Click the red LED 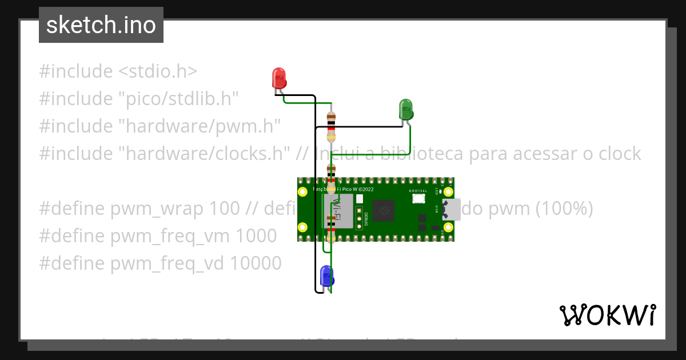coord(279,78)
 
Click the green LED coord(405,109)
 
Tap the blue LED coord(326,275)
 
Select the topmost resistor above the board coord(331,126)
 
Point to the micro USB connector coord(451,209)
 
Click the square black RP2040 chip coord(384,211)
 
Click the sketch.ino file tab coord(101,25)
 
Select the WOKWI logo coord(607,315)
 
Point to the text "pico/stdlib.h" coord(178,99)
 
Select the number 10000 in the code coord(256,263)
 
